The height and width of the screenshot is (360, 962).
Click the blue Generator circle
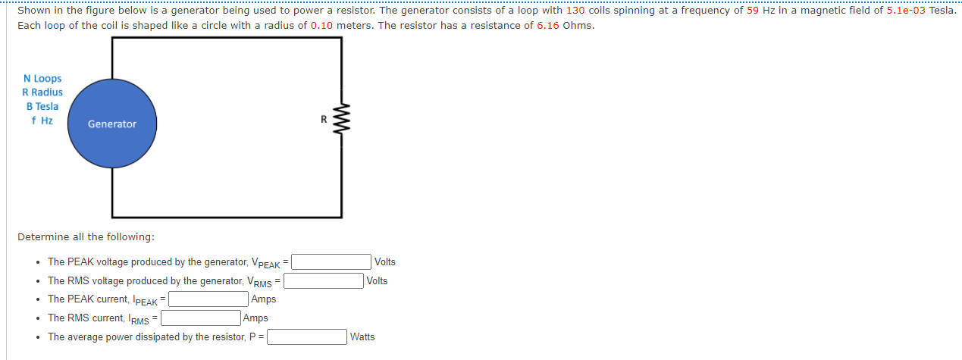click(x=112, y=124)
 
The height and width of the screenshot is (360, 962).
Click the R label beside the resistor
click(x=323, y=119)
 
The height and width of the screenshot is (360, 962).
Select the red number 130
click(x=575, y=11)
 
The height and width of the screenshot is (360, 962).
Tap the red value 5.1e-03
click(x=906, y=11)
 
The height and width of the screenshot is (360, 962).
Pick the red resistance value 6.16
click(x=548, y=26)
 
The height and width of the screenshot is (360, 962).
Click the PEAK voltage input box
click(x=331, y=262)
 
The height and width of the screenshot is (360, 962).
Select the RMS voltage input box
click(x=324, y=281)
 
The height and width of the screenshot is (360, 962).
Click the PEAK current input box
click(x=208, y=299)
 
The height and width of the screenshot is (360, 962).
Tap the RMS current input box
click(x=201, y=318)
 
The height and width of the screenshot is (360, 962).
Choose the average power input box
click(x=307, y=337)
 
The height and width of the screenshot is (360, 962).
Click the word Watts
click(x=362, y=337)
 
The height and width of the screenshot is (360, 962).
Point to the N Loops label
click(x=42, y=79)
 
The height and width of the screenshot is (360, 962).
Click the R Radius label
click(x=42, y=92)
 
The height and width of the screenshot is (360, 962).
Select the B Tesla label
click(x=42, y=107)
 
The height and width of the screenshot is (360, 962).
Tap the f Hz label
click(x=42, y=121)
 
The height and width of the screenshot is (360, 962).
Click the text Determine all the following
click(x=86, y=237)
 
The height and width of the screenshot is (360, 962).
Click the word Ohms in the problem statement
click(x=578, y=26)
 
